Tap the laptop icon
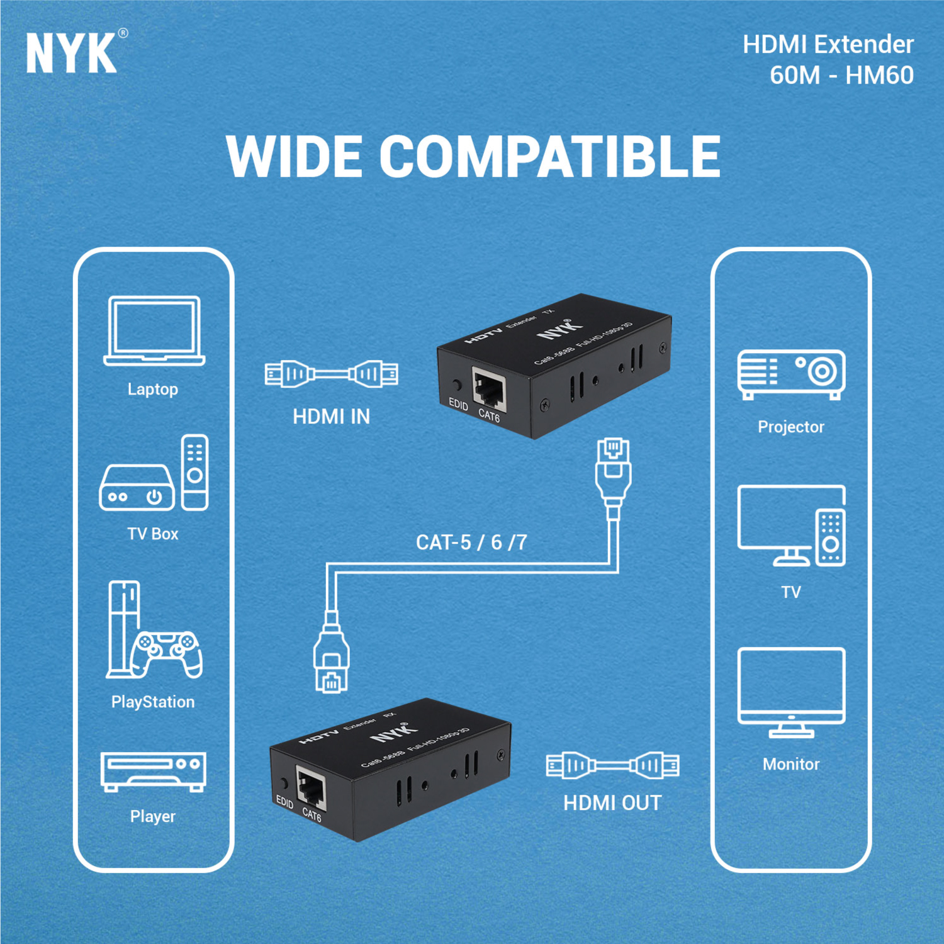[x=154, y=331]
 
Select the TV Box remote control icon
[x=194, y=472]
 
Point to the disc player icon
[x=154, y=772]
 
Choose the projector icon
[x=791, y=374]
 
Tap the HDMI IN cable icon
[x=331, y=374]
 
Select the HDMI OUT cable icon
[x=612, y=765]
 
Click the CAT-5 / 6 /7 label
[x=471, y=542]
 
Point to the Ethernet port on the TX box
[x=489, y=391]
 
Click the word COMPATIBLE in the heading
[x=550, y=157]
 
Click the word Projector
[x=791, y=427]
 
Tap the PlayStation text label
[x=153, y=702]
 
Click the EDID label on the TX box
[x=458, y=404]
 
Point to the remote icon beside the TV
[x=831, y=537]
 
